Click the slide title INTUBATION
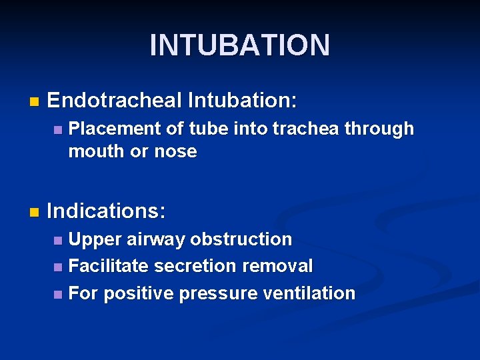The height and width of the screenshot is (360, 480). (239, 45)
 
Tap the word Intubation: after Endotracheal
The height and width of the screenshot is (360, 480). (243, 101)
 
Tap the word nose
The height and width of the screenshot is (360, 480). (175, 151)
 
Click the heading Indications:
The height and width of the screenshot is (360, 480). (106, 211)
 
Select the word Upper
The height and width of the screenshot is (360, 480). (95, 239)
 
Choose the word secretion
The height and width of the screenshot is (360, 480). (196, 266)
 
